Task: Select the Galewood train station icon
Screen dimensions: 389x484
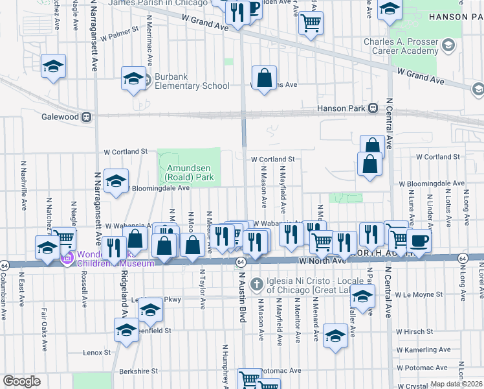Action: (x=84, y=117)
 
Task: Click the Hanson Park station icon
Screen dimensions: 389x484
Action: (x=373, y=109)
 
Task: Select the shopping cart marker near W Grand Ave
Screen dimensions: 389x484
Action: (x=311, y=23)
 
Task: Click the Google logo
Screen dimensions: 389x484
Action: (x=21, y=381)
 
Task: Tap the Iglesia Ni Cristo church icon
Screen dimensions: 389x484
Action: (x=257, y=283)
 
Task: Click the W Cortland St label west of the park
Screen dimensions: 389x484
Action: (x=127, y=152)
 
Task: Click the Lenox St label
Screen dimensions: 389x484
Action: (x=97, y=353)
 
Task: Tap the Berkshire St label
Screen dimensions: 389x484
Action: (x=138, y=372)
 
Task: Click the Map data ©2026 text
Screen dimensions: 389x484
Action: (x=456, y=384)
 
